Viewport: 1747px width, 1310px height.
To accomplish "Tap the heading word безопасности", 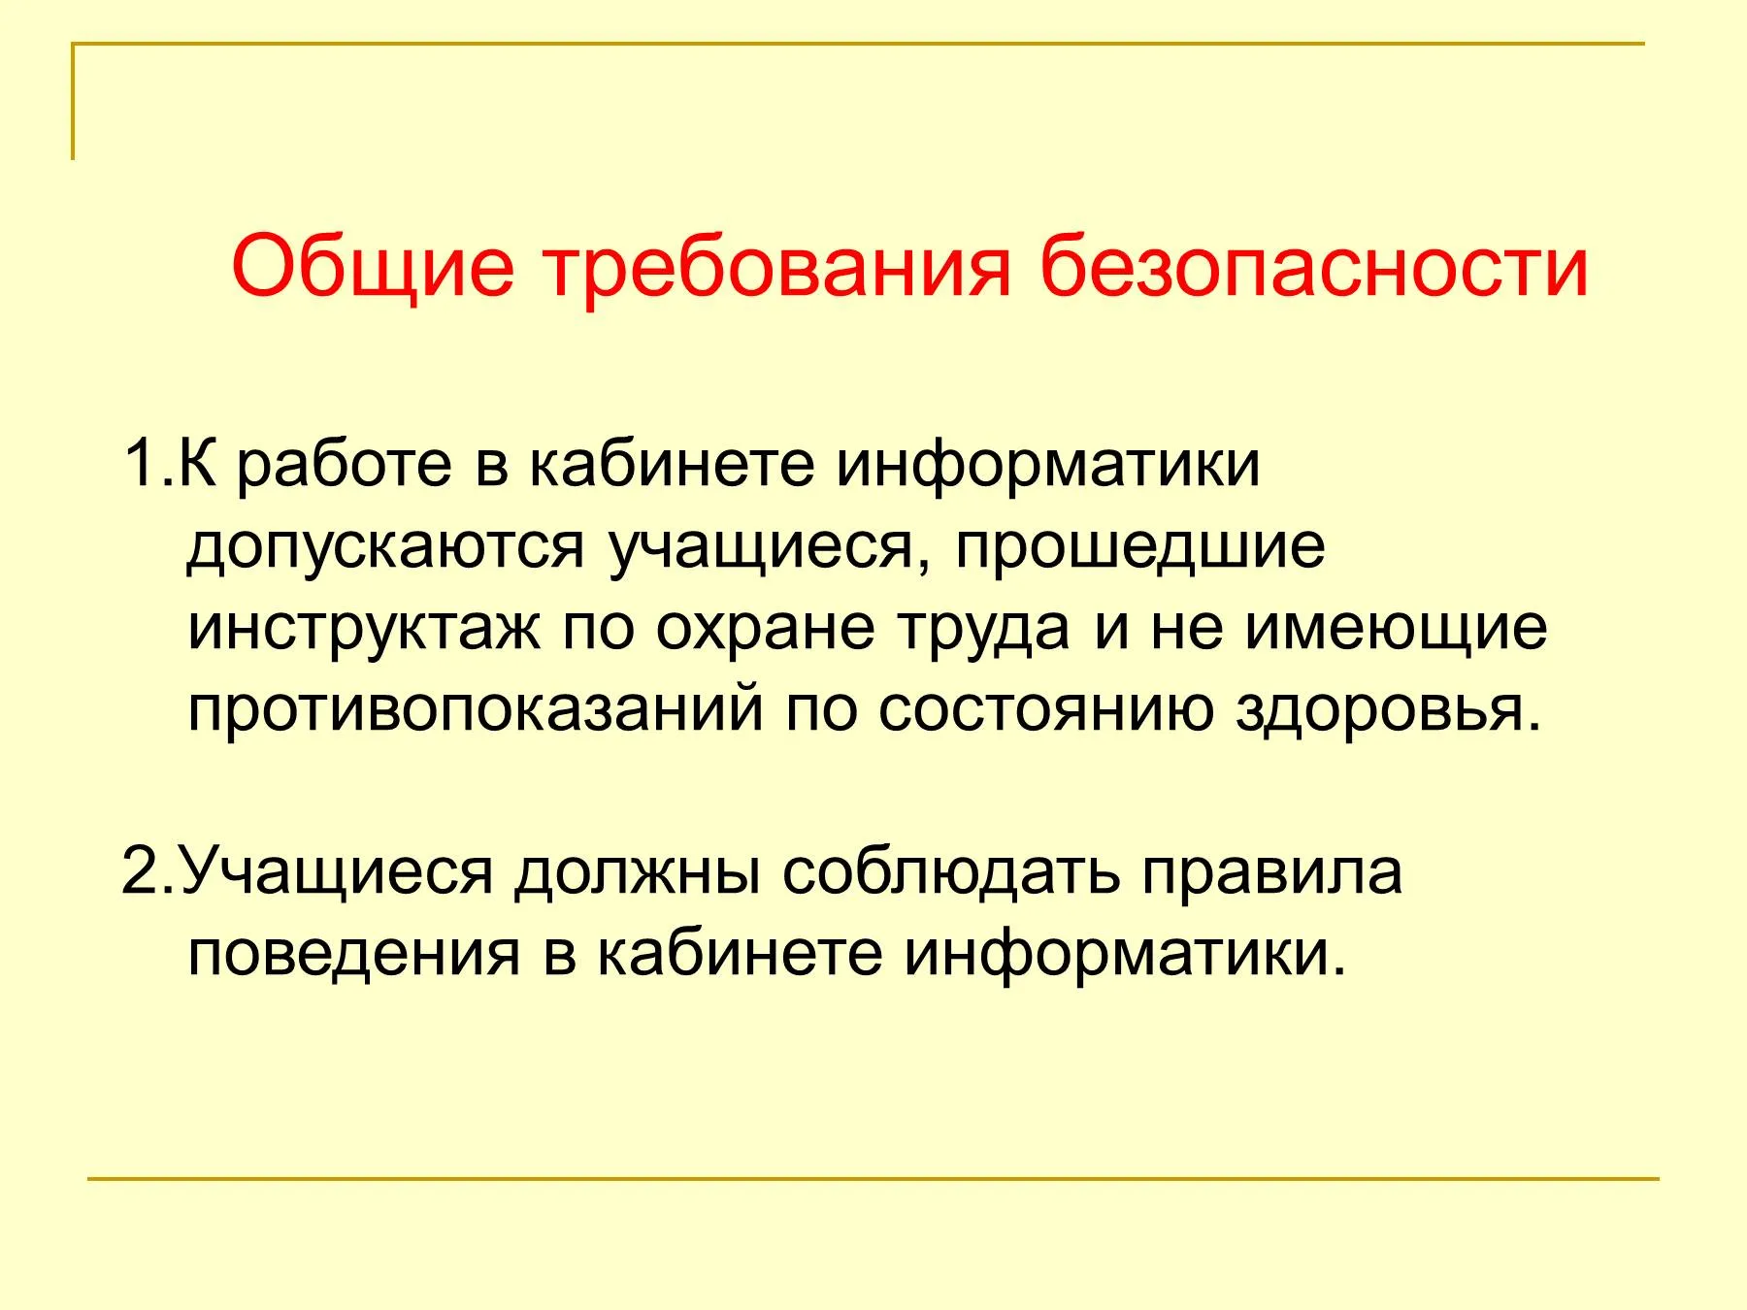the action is pyautogui.click(x=1315, y=264).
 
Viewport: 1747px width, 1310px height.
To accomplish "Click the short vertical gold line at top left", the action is pyautogui.click(x=73, y=101).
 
